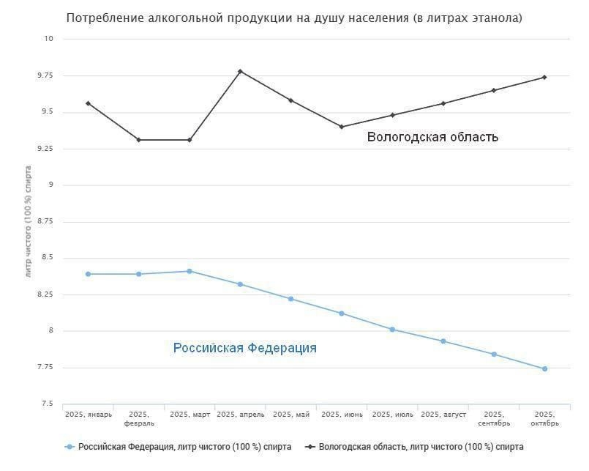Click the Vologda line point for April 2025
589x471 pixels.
(x=240, y=71)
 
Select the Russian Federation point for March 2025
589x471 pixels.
(x=190, y=271)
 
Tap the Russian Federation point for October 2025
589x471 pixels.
(x=545, y=368)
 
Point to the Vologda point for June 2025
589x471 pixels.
(x=342, y=127)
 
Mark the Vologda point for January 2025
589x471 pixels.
(x=89, y=103)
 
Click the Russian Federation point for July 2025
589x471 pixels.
(x=392, y=330)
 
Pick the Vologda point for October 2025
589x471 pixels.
(x=545, y=77)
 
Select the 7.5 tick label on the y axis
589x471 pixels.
(x=47, y=404)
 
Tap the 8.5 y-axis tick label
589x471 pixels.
(x=47, y=258)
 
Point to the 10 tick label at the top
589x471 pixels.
(x=49, y=39)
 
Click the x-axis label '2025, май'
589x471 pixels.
(x=291, y=415)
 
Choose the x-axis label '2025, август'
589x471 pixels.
(x=443, y=415)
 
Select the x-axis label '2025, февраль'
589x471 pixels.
(x=139, y=419)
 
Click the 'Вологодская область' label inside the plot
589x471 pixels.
(x=432, y=137)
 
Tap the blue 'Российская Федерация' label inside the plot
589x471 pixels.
(x=244, y=348)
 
